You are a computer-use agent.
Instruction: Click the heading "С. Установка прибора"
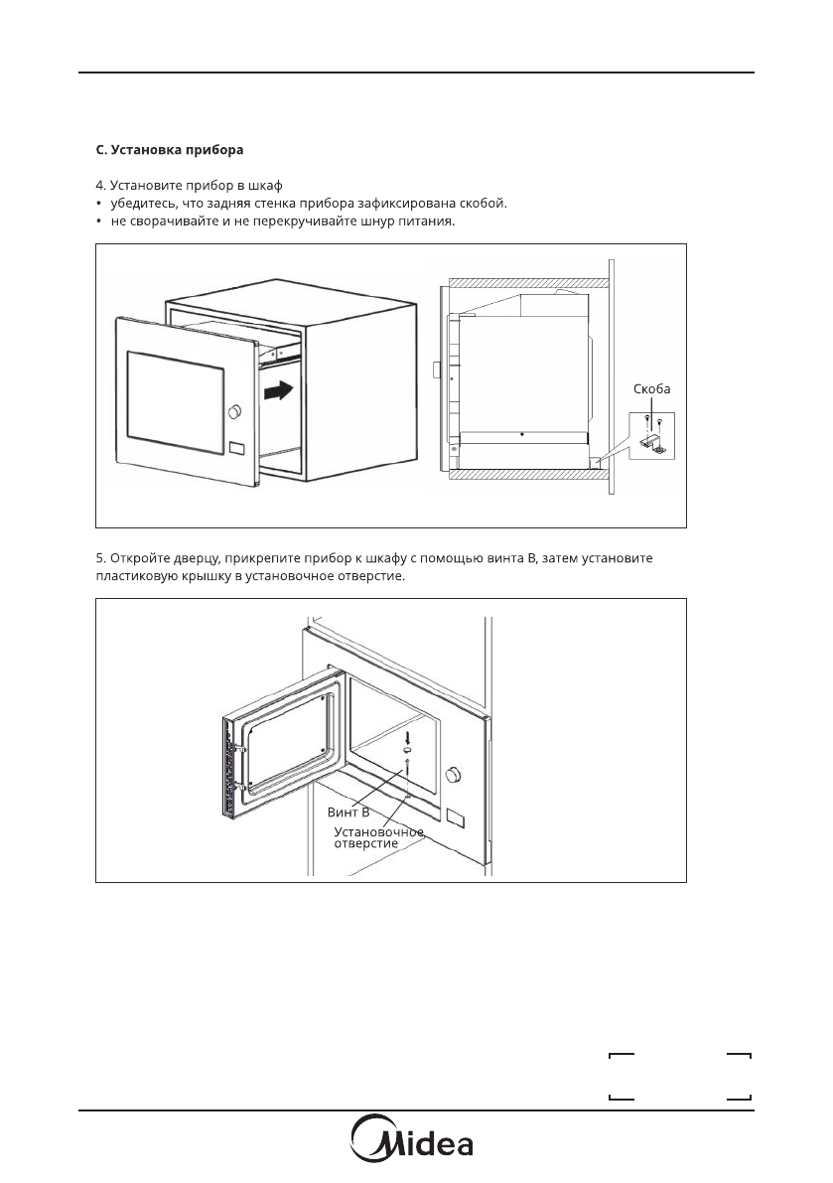click(169, 151)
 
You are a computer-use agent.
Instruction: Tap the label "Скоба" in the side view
click(651, 388)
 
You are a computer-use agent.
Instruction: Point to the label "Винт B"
click(348, 812)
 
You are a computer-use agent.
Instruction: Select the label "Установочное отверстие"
click(378, 836)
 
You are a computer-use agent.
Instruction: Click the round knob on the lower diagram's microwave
click(456, 774)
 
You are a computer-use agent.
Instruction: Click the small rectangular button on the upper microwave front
click(236, 449)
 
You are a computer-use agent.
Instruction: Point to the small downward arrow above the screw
click(407, 736)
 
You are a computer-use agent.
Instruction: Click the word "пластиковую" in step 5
click(134, 577)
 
